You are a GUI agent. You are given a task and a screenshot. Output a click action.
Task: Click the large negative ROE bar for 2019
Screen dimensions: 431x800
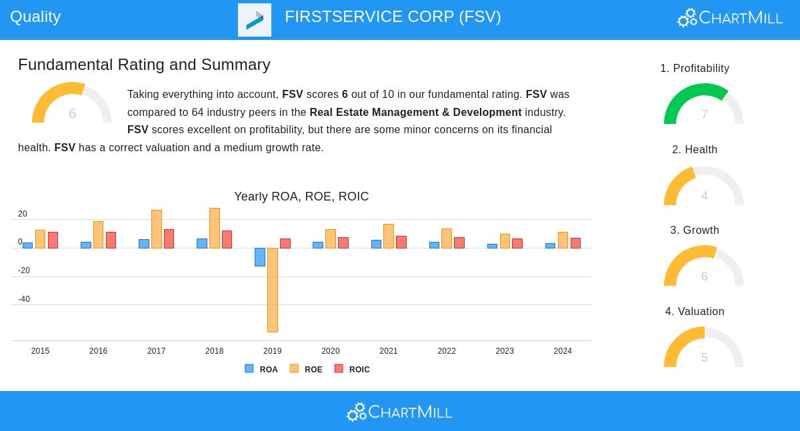(273, 290)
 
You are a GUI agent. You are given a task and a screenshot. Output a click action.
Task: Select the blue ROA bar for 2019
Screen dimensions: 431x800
(260, 257)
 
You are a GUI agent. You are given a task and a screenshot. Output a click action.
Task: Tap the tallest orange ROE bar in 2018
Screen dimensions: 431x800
(215, 228)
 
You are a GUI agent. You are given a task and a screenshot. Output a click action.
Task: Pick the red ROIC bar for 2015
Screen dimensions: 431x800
(53, 240)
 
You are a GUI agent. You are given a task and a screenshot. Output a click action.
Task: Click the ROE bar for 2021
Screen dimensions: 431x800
(389, 236)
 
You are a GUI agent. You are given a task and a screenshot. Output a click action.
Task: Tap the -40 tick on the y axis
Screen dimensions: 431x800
(24, 299)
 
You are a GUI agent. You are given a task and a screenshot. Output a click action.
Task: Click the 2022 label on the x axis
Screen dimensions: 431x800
(447, 351)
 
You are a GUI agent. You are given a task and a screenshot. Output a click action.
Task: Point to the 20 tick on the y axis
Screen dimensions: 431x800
(23, 214)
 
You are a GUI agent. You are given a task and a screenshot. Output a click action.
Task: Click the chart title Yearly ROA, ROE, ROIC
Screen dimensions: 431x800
(301, 197)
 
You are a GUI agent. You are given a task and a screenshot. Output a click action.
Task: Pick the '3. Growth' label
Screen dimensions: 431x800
(695, 230)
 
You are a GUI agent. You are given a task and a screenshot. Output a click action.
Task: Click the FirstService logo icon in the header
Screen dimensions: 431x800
(255, 20)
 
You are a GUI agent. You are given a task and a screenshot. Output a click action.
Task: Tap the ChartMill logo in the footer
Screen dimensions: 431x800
(399, 412)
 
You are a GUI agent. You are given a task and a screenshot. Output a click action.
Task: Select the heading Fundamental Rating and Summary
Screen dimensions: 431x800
(144, 65)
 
